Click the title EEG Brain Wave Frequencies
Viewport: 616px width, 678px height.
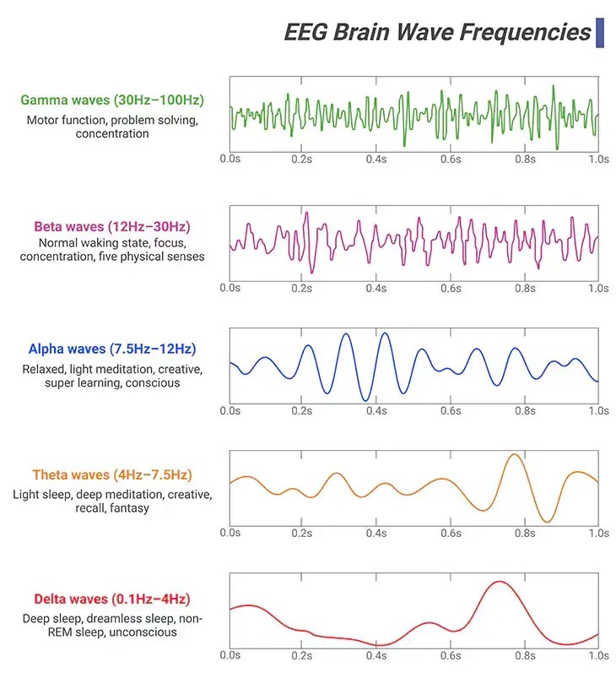437,32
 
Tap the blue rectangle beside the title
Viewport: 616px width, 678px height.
600,32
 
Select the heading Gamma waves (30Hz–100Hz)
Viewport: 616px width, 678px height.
112,100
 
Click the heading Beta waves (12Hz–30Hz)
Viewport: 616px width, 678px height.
112,226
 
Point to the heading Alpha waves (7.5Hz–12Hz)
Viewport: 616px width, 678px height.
112,349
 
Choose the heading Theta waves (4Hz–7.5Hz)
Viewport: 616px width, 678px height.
112,475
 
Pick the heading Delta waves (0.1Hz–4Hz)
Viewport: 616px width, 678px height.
112,599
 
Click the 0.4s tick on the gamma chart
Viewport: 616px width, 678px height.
377,159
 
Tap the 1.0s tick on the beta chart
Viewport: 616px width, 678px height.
598,288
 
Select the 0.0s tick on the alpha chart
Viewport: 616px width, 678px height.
230,410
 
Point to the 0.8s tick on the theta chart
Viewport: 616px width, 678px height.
525,533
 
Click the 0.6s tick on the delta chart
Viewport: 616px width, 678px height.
451,655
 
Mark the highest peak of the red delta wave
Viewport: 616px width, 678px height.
500,582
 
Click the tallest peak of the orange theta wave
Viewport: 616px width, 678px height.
513,455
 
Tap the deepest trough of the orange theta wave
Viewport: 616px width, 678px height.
549,522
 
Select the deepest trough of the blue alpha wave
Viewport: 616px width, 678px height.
365,399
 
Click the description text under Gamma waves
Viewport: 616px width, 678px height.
112,127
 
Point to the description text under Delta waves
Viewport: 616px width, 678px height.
112,626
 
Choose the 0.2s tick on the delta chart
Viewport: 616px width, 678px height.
304,655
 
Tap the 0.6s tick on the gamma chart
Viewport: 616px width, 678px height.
451,159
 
